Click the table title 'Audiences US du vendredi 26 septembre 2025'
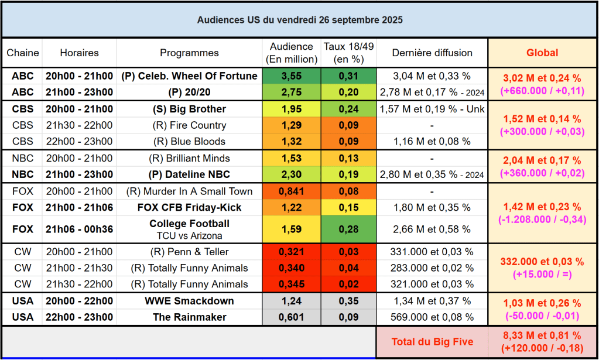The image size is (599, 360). tap(299, 20)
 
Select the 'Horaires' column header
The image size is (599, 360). tap(79, 53)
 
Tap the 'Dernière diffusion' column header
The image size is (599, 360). tap(432, 53)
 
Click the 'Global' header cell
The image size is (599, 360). tap(542, 53)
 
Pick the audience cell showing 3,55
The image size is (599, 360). tap(292, 76)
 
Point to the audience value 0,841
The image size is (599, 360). tap(292, 191)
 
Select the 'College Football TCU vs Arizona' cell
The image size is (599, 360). tap(189, 229)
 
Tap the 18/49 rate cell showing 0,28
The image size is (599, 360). tap(348, 229)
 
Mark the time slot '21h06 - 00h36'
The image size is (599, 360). tap(79, 229)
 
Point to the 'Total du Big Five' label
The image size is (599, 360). tap(432, 342)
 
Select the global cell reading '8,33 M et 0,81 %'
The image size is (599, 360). tap(542, 336)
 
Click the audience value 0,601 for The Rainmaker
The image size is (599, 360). tap(292, 317)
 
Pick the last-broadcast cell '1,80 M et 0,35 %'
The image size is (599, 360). tap(432, 207)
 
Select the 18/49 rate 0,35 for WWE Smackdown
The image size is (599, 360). tap(348, 301)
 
